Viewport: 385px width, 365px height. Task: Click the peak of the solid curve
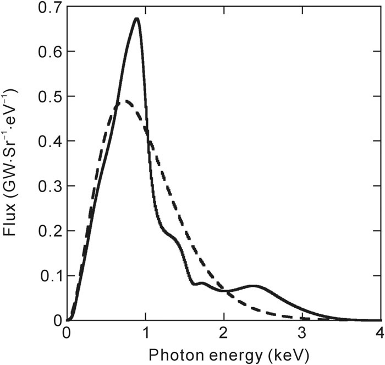tap(136, 19)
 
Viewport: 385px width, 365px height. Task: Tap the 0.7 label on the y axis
tap(48, 7)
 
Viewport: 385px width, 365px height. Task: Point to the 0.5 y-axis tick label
tap(48, 96)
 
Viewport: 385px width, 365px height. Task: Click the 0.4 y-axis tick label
tap(48, 141)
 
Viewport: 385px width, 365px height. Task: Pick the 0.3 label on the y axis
tap(48, 186)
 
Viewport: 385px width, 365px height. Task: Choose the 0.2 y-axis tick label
tap(48, 231)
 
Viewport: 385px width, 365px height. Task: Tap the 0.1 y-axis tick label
tap(48, 276)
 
